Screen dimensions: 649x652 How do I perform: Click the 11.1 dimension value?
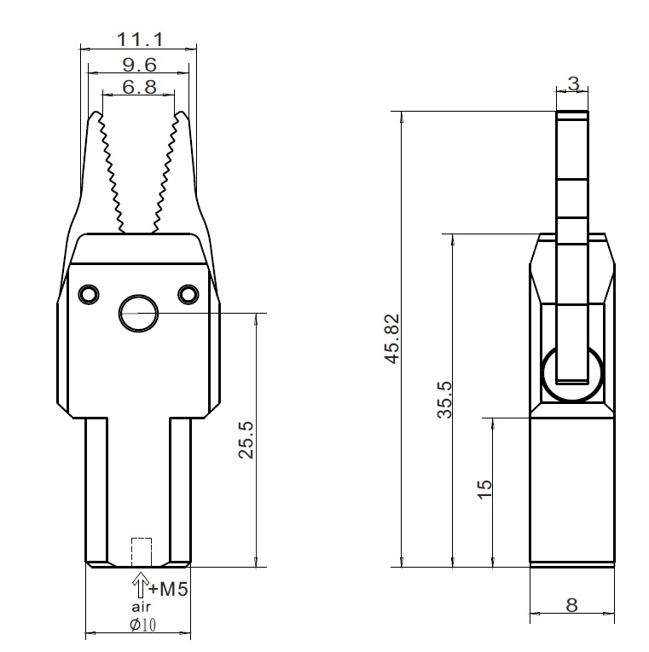[x=140, y=39]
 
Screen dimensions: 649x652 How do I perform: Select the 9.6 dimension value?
[x=140, y=65]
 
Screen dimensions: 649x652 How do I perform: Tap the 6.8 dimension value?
[x=139, y=87]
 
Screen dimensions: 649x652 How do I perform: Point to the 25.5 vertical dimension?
[x=246, y=440]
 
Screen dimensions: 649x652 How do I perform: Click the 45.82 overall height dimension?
[x=393, y=339]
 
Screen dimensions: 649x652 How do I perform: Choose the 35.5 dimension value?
[x=444, y=400]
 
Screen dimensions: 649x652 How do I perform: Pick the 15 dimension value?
[x=484, y=489]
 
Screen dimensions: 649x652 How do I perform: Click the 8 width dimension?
[x=572, y=605]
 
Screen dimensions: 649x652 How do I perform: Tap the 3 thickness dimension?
[x=574, y=84]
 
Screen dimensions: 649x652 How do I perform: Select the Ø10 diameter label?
[x=143, y=625]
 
